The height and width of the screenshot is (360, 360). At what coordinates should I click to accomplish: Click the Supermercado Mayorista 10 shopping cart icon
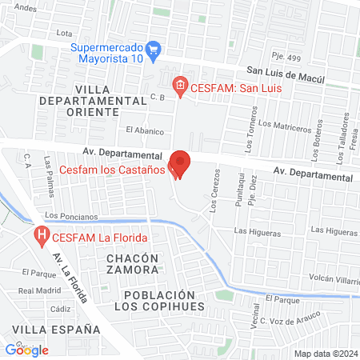click(x=155, y=50)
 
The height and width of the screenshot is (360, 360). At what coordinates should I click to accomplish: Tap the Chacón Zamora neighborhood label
click(x=132, y=264)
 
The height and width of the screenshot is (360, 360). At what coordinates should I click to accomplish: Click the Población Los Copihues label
click(x=159, y=301)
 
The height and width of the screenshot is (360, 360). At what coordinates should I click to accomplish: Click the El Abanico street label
click(x=144, y=131)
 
